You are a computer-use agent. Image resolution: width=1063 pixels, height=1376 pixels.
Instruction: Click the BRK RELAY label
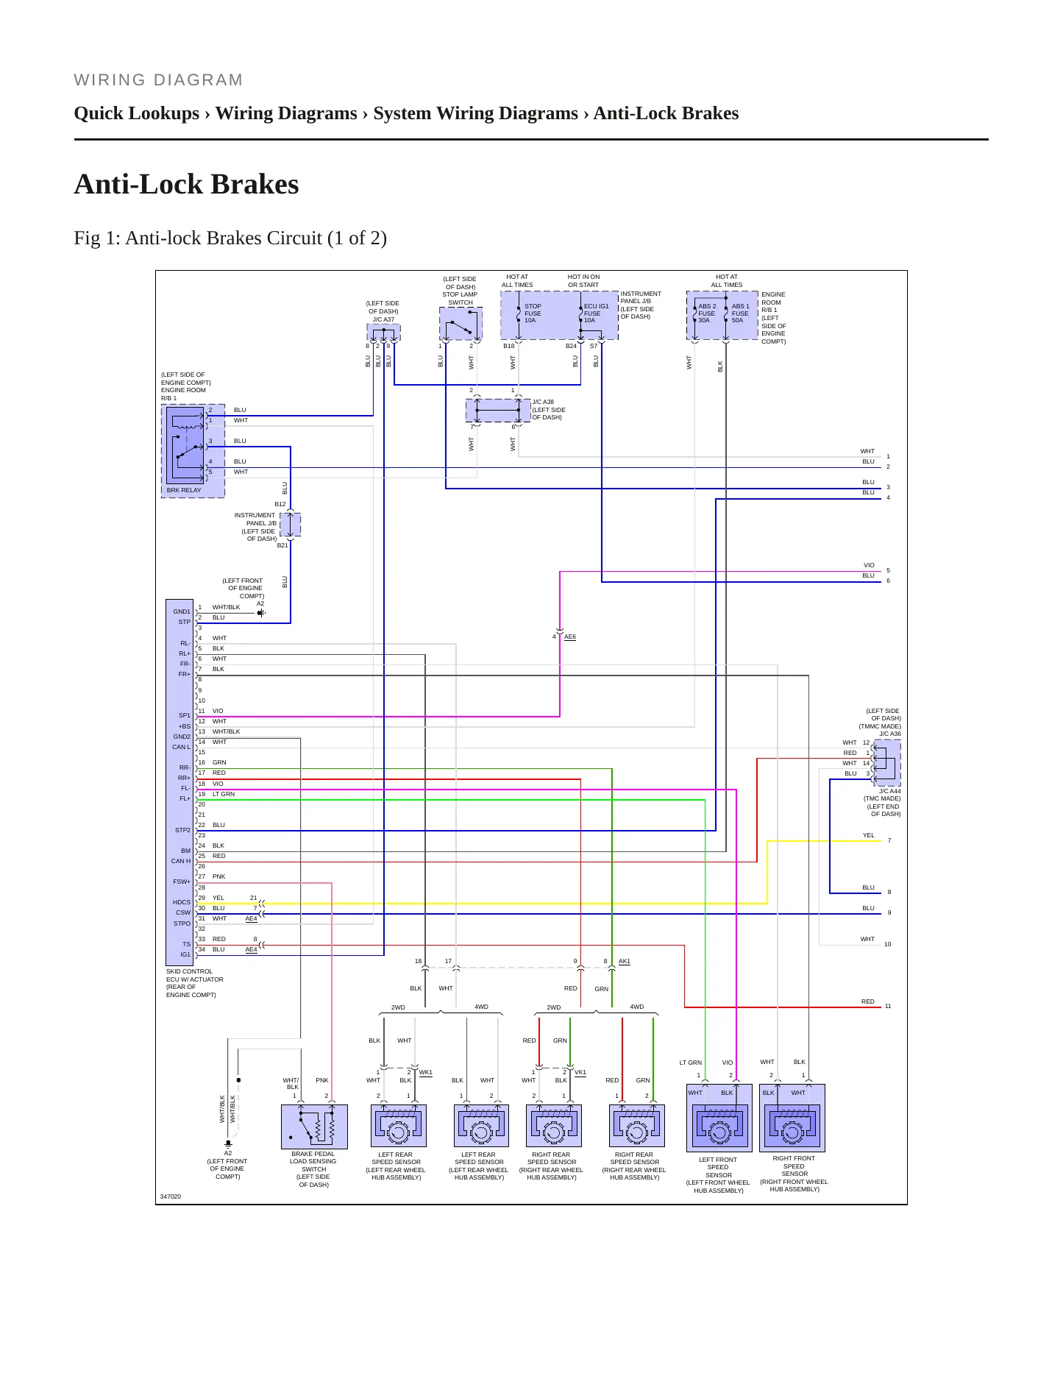coord(184,490)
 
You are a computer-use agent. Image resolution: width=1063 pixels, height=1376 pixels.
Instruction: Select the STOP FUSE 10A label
coord(533,313)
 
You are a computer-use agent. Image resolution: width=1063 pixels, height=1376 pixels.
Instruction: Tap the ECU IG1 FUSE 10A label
coord(596,313)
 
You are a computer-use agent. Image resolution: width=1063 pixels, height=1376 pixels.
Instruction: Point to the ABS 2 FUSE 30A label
coord(707,313)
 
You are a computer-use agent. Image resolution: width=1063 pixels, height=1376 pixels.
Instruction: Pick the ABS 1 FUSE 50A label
coord(740,313)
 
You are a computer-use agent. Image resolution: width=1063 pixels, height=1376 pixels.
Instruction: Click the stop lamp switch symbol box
coord(461,324)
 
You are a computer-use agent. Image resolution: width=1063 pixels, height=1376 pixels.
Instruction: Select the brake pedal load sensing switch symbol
coord(314,1127)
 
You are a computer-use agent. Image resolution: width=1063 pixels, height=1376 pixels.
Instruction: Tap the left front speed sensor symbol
coord(719,1118)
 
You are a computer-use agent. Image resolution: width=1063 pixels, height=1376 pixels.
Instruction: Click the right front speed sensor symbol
coord(792,1118)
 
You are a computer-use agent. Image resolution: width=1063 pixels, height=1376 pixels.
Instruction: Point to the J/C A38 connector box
coord(498,410)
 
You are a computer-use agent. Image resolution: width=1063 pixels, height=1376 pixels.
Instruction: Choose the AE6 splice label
coord(570,637)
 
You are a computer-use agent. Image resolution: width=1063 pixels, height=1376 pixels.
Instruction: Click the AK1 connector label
coord(625,961)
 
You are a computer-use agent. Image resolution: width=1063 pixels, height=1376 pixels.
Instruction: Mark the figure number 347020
coord(171,1196)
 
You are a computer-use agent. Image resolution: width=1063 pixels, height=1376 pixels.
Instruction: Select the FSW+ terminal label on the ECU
coord(182,882)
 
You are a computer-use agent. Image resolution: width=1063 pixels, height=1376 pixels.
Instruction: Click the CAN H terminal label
coord(181,861)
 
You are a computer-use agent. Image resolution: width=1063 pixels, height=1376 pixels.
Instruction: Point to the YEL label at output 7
coord(869,835)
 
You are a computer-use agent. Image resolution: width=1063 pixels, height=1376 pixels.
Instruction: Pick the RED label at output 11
coord(868,1001)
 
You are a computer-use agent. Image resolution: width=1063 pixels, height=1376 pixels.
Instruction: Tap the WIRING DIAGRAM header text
coord(159,80)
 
